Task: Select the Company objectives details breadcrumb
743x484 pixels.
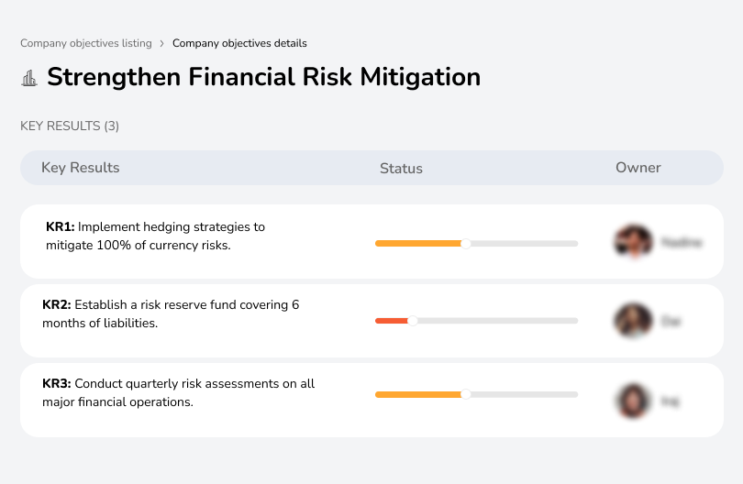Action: point(239,43)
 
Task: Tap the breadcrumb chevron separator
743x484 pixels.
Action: point(161,43)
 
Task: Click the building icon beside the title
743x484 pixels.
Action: point(29,78)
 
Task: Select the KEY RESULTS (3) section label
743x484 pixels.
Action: point(70,126)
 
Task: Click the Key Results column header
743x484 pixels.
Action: point(81,168)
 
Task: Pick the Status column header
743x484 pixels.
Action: point(401,169)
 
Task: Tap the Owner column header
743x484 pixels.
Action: point(638,168)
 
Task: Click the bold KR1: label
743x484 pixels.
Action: point(60,226)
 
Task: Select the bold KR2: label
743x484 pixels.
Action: point(57,305)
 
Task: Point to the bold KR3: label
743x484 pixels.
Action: point(57,384)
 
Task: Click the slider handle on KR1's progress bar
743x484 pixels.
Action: point(466,243)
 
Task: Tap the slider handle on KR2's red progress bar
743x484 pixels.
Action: point(413,321)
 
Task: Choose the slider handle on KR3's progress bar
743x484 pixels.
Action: point(466,394)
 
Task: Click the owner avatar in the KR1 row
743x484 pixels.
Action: point(633,242)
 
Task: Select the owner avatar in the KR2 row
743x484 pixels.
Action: point(633,321)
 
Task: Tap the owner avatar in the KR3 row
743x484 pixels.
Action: point(633,400)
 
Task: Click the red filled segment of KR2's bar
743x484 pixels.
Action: point(392,321)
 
